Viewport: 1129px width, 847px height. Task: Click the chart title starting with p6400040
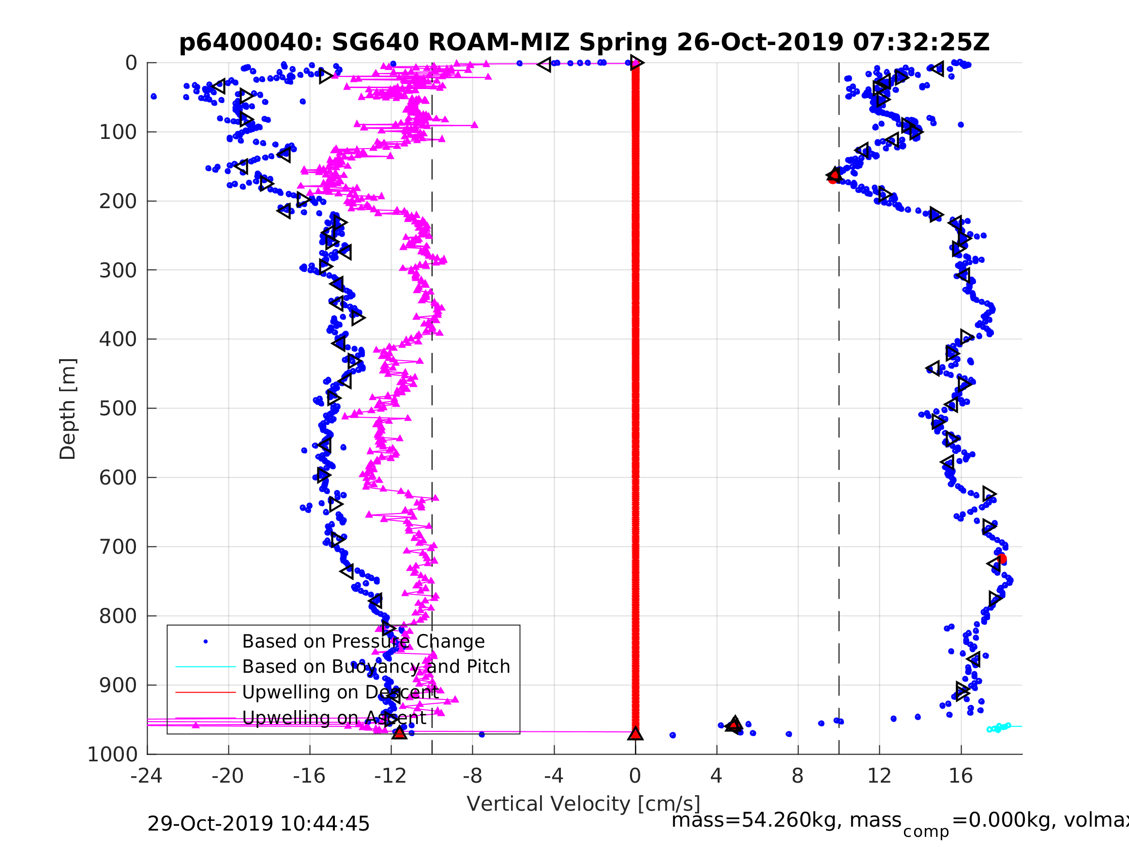[x=584, y=43]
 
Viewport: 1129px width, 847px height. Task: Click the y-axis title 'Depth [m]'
[x=68, y=408]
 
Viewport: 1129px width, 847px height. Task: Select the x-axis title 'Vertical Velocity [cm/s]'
[x=584, y=803]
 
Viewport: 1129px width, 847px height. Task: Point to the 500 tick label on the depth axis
[x=119, y=408]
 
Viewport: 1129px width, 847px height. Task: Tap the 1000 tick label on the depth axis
[x=112, y=755]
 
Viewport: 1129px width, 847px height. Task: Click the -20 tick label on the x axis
[x=227, y=776]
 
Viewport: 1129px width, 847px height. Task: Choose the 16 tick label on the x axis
[x=961, y=776]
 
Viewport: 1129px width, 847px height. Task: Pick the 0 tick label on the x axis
[x=635, y=776]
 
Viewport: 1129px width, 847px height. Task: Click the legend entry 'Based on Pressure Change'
[x=363, y=641]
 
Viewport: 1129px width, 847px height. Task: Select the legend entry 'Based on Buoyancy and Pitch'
[x=376, y=666]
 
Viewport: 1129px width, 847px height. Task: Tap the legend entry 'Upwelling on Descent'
[x=340, y=692]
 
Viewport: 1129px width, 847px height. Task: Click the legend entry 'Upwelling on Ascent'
[x=334, y=718]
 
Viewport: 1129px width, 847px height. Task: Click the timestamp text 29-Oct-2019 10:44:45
[x=258, y=824]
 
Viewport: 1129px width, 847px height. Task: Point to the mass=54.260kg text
[x=786, y=820]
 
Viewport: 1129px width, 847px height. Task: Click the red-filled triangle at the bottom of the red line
[x=635, y=734]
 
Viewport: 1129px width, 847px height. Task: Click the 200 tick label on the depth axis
[x=119, y=201]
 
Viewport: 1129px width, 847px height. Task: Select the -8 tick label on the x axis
[x=472, y=776]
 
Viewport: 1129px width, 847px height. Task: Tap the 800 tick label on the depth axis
[x=119, y=616]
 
